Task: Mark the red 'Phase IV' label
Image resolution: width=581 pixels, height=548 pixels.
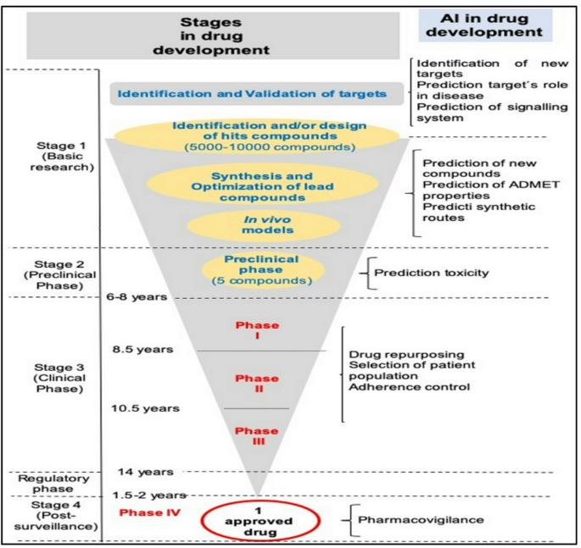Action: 150,513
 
